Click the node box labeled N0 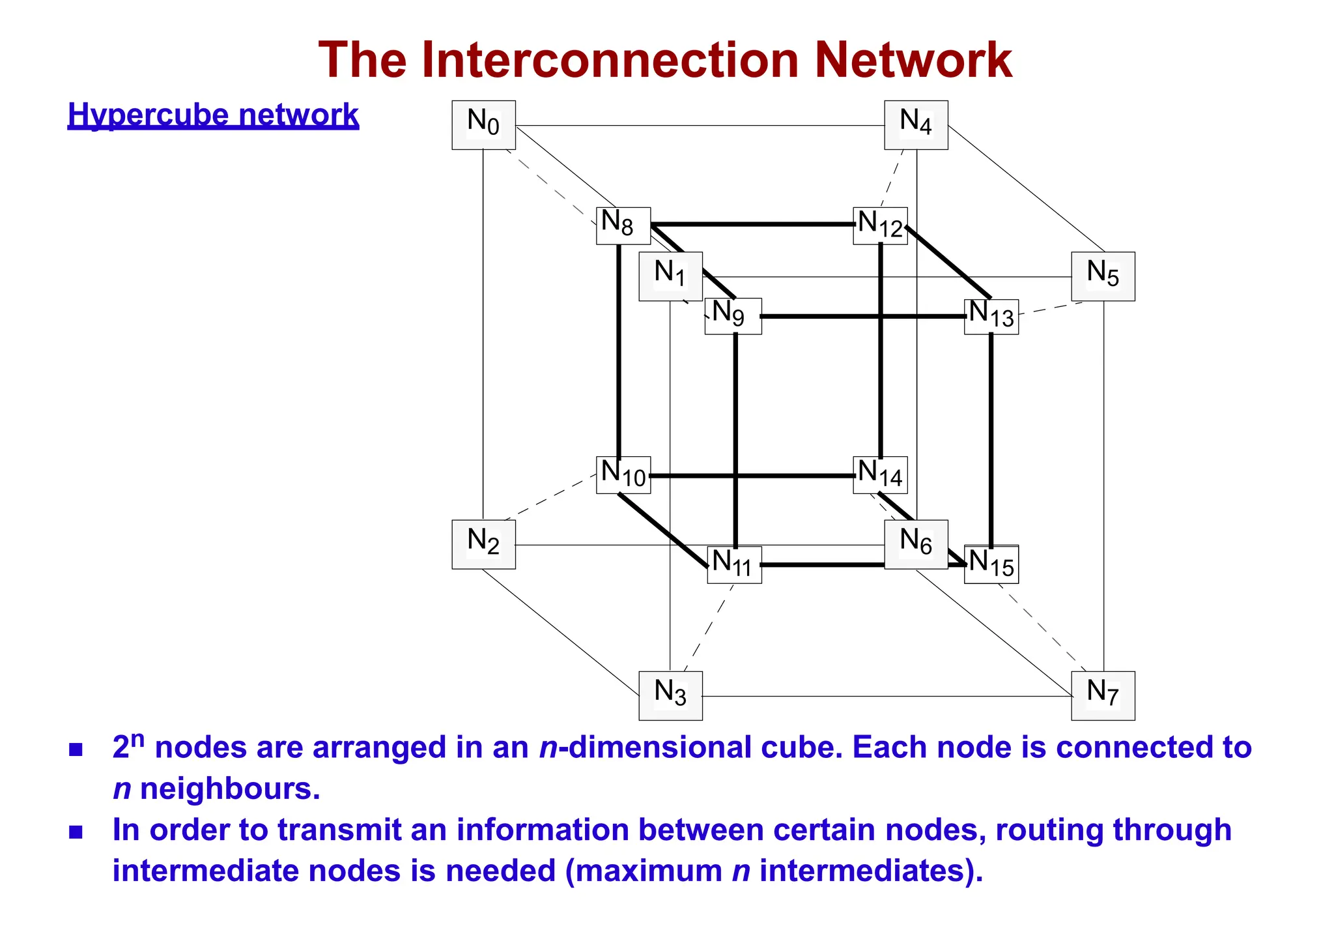click(483, 125)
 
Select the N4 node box click(916, 125)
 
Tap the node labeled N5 click(1103, 276)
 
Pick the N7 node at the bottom click(1103, 695)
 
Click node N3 click(670, 695)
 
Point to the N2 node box click(483, 544)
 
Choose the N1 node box click(670, 276)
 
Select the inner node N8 click(623, 225)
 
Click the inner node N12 click(880, 225)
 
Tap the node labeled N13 click(991, 317)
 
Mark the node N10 click(623, 474)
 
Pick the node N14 click(880, 474)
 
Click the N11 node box click(734, 564)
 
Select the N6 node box click(916, 544)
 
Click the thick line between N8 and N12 click(749, 224)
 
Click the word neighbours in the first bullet click(230, 789)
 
